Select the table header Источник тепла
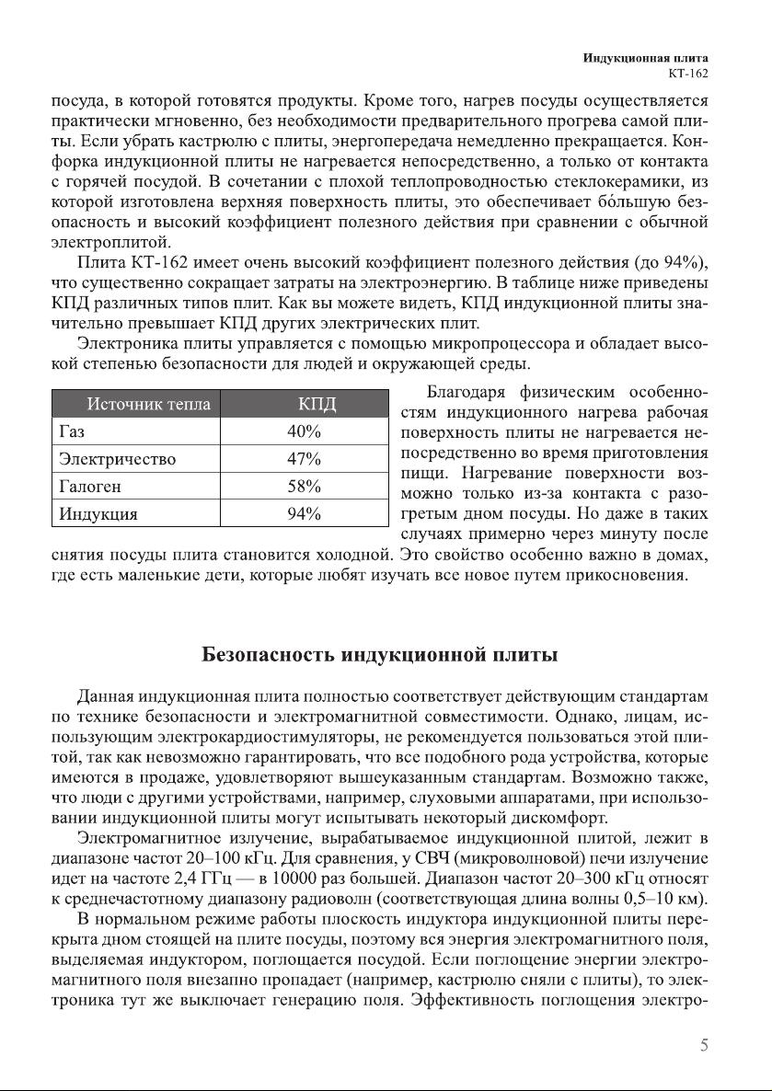pyautogui.click(x=148, y=404)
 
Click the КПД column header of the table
pyautogui.click(x=317, y=404)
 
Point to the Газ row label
pyautogui.click(x=71, y=431)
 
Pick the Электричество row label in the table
pyautogui.click(x=117, y=459)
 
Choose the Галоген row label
pyautogui.click(x=89, y=487)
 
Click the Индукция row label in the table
pyautogui.click(x=98, y=514)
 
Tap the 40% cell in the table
pyautogui.click(x=304, y=431)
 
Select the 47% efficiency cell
pyautogui.click(x=304, y=459)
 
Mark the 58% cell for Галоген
pyautogui.click(x=304, y=487)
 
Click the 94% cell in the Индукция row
pyautogui.click(x=304, y=514)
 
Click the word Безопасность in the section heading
pyautogui.click(x=268, y=656)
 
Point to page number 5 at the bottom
pyautogui.click(x=704, y=1045)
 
